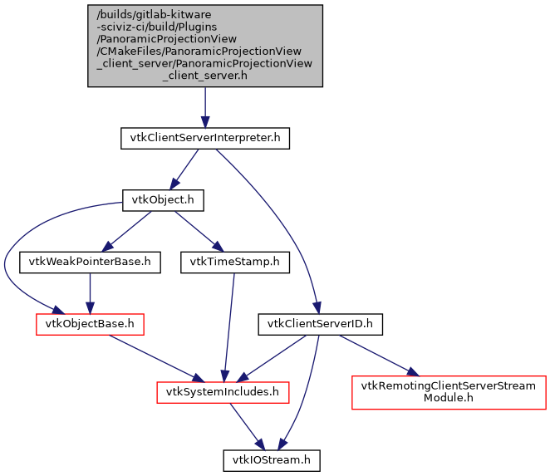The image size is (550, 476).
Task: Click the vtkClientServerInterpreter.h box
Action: click(x=204, y=139)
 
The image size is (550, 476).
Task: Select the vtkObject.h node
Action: click(x=163, y=200)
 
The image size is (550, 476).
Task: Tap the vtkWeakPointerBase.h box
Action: click(x=90, y=263)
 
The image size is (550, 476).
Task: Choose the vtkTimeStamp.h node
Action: click(x=235, y=263)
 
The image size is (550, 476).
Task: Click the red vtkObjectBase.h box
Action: click(x=90, y=324)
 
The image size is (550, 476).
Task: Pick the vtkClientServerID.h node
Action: click(x=320, y=324)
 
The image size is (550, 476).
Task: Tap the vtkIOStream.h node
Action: click(x=272, y=459)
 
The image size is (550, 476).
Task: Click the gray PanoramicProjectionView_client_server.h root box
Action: click(x=204, y=46)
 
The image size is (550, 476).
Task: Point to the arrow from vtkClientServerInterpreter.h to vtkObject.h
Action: click(x=184, y=169)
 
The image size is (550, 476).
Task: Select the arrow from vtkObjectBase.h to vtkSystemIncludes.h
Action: click(x=158, y=356)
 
